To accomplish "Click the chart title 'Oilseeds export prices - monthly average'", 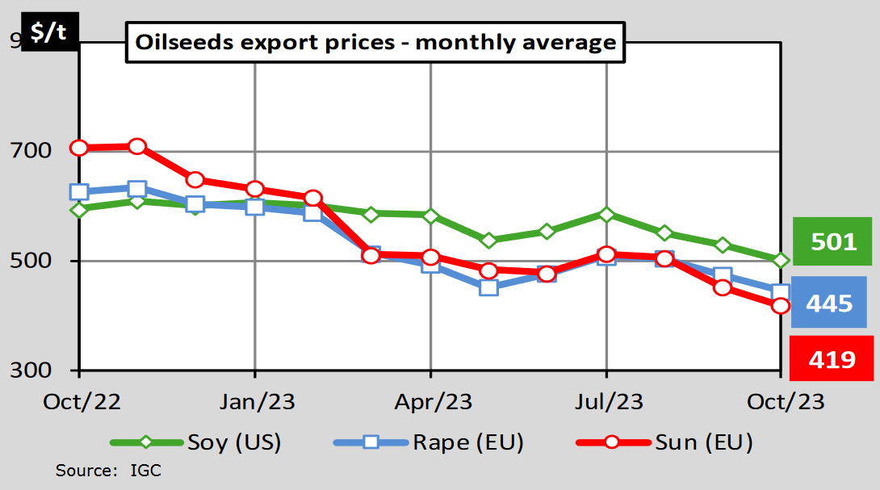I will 375,42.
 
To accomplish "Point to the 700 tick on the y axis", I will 31,151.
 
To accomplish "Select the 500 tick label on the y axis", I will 31,262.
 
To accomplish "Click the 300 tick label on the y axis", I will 31,371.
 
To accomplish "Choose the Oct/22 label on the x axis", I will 78,401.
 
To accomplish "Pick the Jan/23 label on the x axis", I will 254,401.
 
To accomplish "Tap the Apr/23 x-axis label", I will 430,401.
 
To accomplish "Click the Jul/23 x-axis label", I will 606,401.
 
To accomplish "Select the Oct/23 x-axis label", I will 781,401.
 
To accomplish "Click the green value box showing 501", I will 832,241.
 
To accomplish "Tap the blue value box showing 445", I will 829,303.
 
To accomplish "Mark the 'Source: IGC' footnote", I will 108,470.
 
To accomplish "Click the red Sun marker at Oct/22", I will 78,148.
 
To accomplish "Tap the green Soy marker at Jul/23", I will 606,214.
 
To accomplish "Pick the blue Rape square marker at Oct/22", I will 78,192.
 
